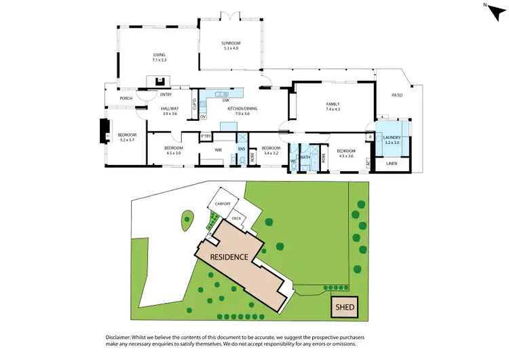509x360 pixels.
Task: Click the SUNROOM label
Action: (x=231, y=43)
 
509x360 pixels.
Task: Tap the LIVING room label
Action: (x=159, y=56)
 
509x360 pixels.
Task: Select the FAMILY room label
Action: (x=332, y=104)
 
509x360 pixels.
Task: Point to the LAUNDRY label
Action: (x=393, y=138)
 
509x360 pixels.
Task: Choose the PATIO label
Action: (x=396, y=95)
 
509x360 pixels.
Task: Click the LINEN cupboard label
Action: (x=392, y=164)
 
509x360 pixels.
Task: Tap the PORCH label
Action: (x=126, y=98)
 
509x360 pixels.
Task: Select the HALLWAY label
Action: (x=169, y=109)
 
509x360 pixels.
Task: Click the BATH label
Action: (x=305, y=158)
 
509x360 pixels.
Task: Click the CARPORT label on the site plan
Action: (x=223, y=204)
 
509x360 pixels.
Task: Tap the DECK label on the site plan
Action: (x=236, y=218)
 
